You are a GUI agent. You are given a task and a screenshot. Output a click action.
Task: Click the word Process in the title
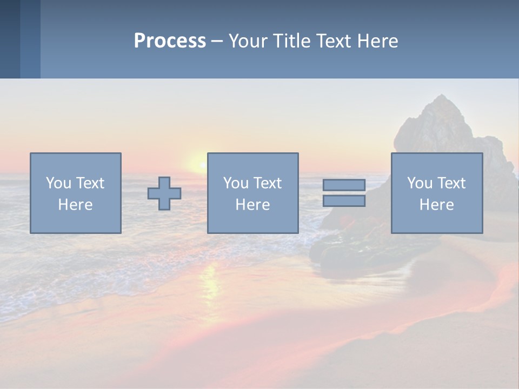point(170,41)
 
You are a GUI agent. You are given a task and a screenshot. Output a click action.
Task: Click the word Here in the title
point(379,41)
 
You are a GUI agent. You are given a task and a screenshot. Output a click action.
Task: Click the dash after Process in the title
point(217,42)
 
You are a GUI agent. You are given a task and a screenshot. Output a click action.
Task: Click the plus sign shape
point(164,193)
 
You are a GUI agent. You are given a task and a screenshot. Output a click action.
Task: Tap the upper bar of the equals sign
point(344,185)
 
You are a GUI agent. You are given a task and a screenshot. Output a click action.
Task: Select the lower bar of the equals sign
point(344,201)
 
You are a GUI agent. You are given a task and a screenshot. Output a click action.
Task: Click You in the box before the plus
point(58,183)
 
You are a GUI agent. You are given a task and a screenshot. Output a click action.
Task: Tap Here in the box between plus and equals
point(252,205)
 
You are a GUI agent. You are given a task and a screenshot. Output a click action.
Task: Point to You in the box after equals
point(420,183)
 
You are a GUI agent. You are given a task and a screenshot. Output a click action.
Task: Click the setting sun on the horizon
point(196,163)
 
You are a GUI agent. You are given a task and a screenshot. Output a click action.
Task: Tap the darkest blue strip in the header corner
point(10,39)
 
